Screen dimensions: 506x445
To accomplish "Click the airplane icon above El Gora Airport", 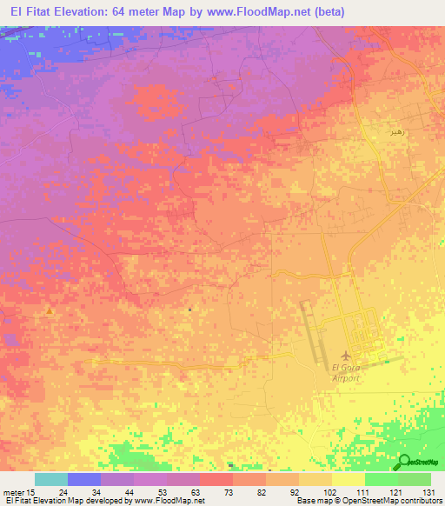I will pos(348,356).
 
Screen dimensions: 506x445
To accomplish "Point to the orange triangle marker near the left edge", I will pos(50,310).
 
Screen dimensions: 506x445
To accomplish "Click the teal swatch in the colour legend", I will pos(50,479).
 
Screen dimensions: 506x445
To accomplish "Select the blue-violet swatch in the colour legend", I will pos(83,479).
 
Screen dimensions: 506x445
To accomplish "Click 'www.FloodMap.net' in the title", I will pos(263,11).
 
